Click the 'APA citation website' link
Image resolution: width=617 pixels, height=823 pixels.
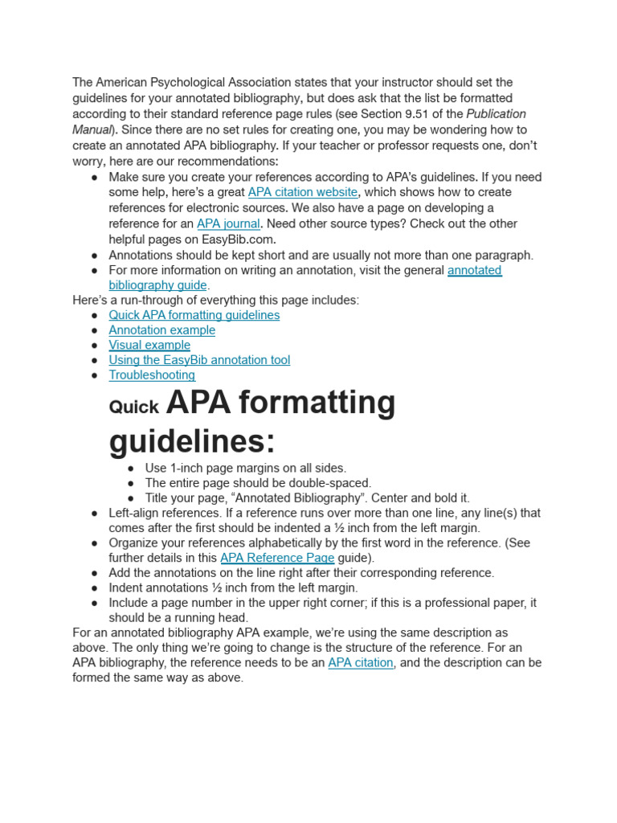point(303,192)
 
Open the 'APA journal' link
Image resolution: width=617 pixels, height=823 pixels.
point(228,223)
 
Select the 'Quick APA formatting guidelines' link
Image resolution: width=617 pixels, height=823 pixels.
point(194,315)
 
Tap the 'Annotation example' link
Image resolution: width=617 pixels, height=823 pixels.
point(161,330)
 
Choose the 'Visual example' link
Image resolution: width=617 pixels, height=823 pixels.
point(149,346)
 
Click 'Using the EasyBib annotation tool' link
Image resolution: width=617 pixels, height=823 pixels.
point(199,360)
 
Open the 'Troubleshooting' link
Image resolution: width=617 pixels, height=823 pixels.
point(152,375)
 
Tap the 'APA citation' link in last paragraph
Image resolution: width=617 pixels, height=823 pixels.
point(361,663)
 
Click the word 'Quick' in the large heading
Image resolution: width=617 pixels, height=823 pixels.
point(133,407)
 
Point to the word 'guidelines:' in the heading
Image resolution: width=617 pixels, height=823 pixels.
point(192,441)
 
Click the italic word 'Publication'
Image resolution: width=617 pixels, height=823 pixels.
point(496,114)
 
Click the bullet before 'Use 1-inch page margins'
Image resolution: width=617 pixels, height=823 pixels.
point(131,469)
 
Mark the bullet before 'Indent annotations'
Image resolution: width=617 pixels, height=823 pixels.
point(95,588)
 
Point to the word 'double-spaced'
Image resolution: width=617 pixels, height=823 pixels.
point(332,483)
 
